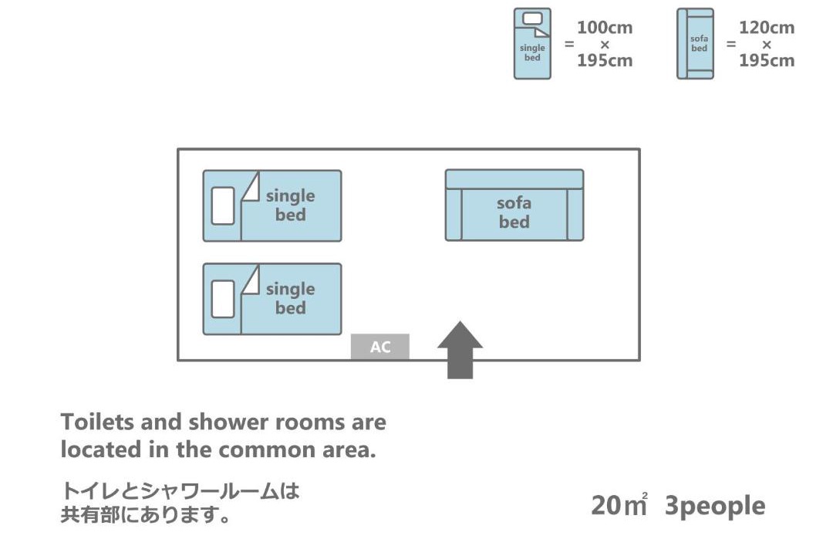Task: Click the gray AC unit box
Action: click(x=380, y=347)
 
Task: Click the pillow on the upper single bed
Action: click(x=223, y=206)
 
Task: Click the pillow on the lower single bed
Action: click(x=223, y=299)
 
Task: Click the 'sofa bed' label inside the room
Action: click(x=514, y=212)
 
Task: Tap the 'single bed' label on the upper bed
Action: click(x=290, y=205)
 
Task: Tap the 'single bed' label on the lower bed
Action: click(x=290, y=298)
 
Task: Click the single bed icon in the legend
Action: click(x=532, y=44)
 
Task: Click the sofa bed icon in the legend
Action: click(x=695, y=44)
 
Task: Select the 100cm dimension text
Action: click(x=605, y=28)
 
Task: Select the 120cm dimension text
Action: click(x=767, y=28)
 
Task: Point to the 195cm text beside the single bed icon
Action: click(x=605, y=61)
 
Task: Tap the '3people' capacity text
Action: click(x=715, y=507)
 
